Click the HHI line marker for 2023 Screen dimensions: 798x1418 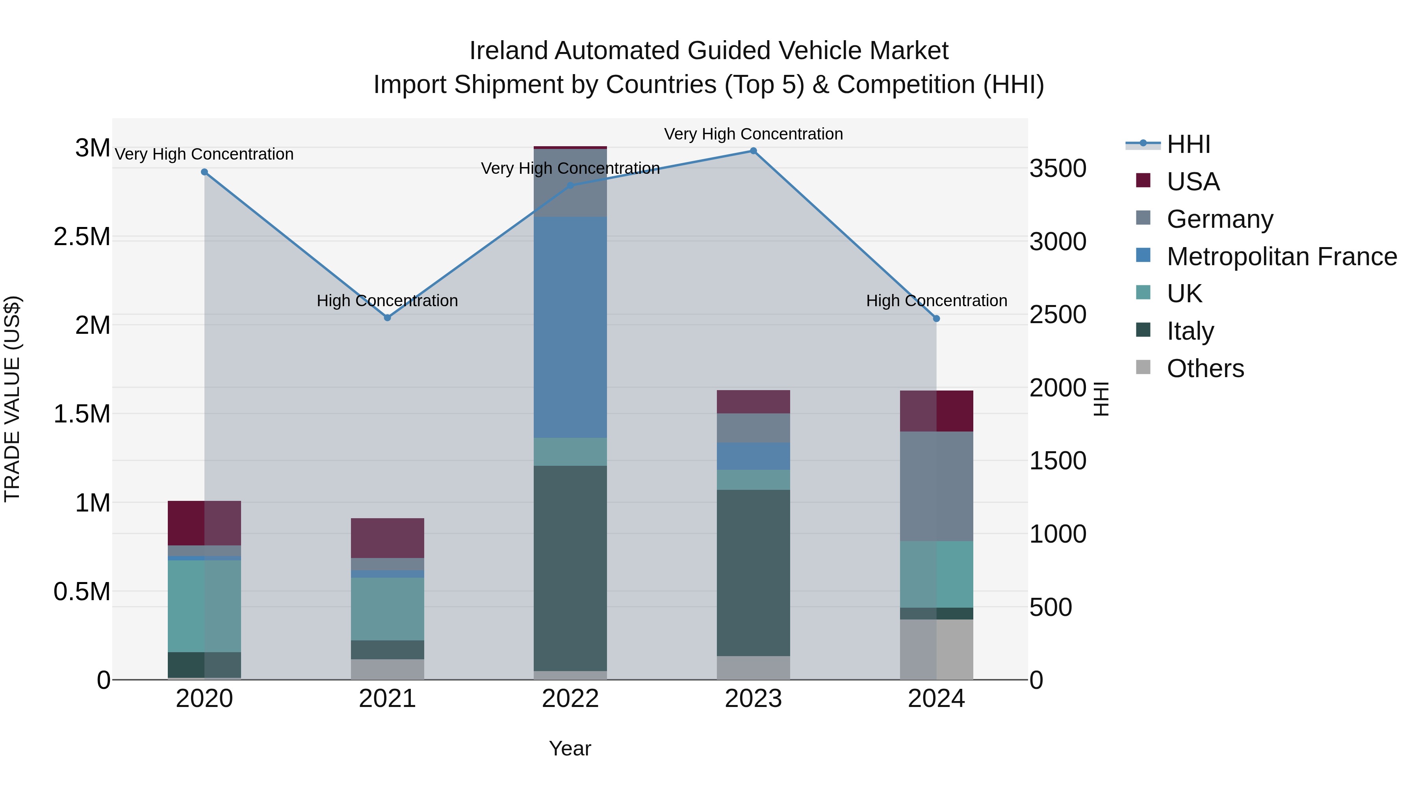[x=753, y=151]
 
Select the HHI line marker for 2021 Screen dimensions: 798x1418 [x=387, y=318]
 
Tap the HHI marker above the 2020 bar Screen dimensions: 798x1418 [x=204, y=172]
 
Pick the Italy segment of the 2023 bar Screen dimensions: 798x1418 [x=753, y=573]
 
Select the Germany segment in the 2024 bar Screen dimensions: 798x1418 [x=936, y=486]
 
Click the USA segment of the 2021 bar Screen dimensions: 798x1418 [x=387, y=538]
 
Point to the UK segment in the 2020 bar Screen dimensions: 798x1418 [x=204, y=606]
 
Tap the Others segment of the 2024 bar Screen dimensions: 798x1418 [x=936, y=649]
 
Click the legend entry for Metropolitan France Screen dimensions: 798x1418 [x=1281, y=257]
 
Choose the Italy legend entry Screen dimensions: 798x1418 [x=1190, y=331]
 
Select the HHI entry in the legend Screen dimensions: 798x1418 [x=1188, y=144]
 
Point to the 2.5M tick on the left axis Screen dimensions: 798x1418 [x=82, y=237]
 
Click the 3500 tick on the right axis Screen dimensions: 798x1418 [x=1058, y=169]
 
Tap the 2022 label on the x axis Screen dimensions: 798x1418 [x=570, y=699]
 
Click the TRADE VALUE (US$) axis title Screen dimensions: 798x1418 [x=12, y=399]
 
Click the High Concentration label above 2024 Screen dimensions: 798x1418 [x=936, y=301]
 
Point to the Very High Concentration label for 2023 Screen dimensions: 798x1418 [x=753, y=134]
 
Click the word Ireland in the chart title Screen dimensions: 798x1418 [x=509, y=51]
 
